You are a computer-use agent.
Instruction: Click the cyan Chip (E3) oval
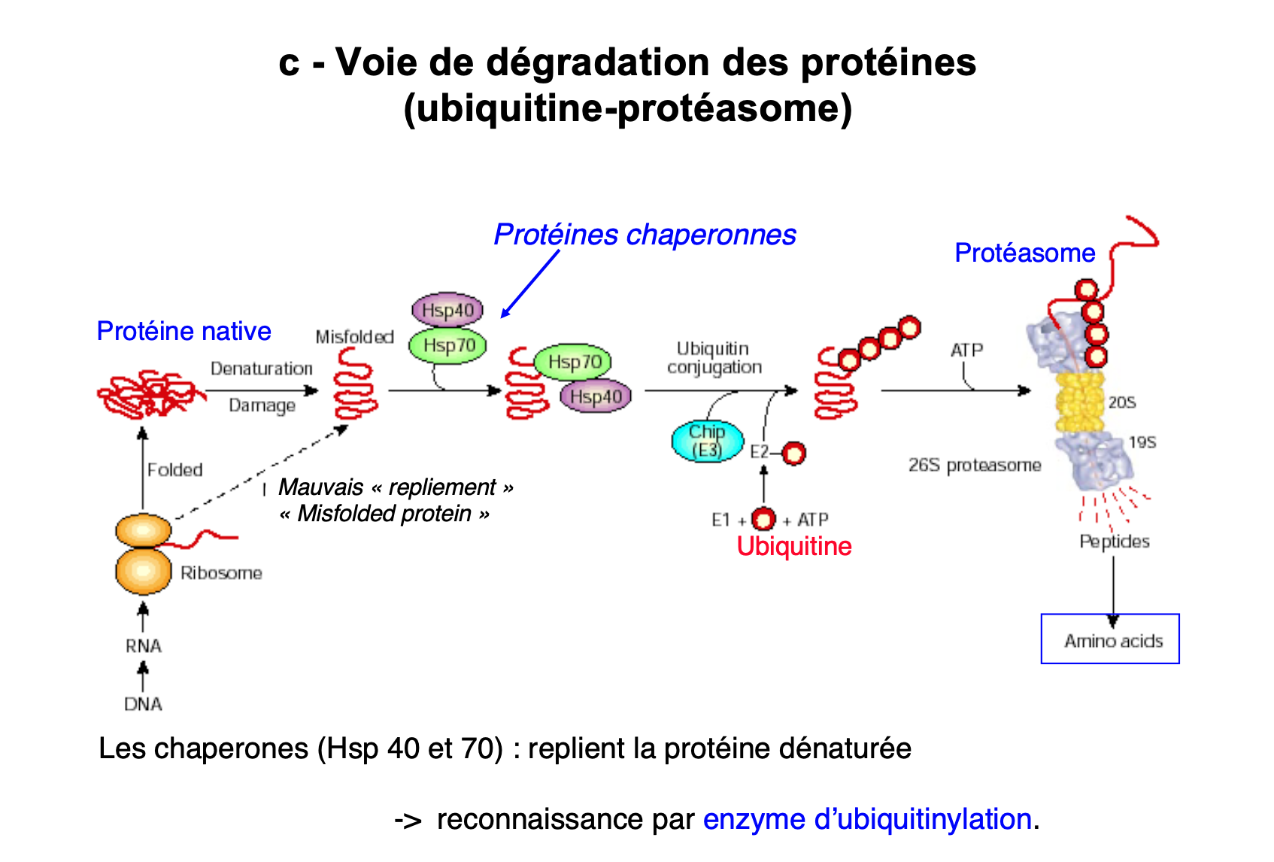coord(707,441)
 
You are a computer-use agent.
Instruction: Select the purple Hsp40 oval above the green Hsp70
coord(447,310)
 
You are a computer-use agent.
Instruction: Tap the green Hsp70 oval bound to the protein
coord(573,362)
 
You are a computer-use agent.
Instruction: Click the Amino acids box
coord(1110,639)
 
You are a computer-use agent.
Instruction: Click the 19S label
coord(1142,442)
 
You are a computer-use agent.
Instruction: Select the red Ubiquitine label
coord(794,546)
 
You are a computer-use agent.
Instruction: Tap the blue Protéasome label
coord(1024,253)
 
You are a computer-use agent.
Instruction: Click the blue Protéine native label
coord(184,331)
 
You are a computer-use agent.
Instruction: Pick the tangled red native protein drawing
coord(150,393)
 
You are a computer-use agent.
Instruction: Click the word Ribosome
coord(221,573)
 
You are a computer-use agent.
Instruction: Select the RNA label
coord(144,646)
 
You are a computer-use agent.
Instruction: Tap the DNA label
coord(143,704)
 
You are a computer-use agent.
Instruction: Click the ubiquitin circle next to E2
coord(794,453)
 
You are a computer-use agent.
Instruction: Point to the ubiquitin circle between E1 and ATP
coord(764,519)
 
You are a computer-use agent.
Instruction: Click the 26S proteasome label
coord(975,466)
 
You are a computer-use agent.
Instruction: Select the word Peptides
coord(1115,542)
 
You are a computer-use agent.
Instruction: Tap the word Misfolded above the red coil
coord(354,337)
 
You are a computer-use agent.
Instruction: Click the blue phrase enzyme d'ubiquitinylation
coord(867,819)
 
